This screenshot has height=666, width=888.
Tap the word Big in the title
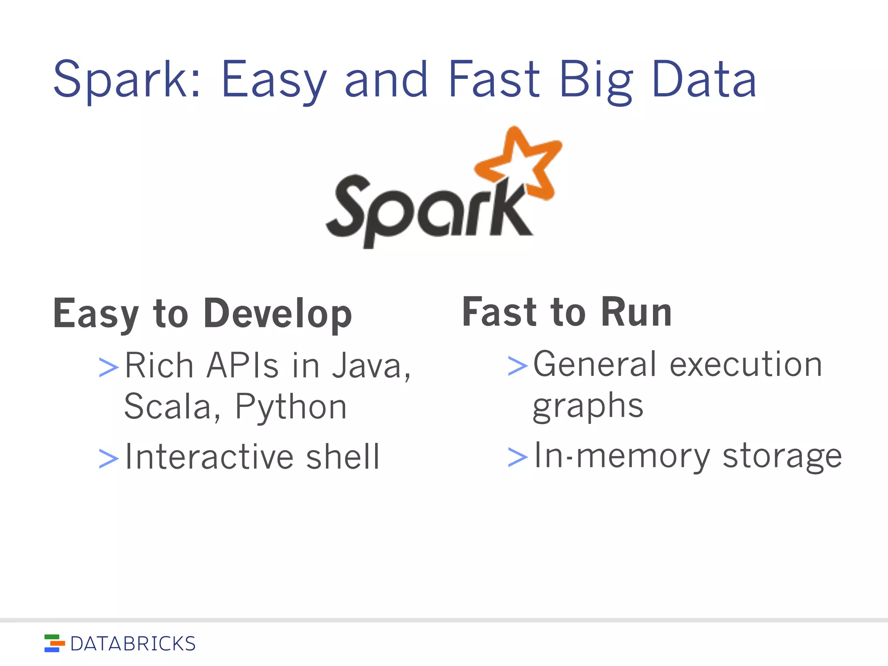pos(596,80)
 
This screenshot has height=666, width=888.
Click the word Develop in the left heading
pos(277,314)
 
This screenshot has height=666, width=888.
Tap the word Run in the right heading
pos(636,312)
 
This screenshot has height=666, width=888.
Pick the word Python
pos(291,407)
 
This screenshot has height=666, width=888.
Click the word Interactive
pos(212,457)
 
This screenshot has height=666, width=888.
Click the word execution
pos(746,364)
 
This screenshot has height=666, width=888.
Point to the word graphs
pos(588,407)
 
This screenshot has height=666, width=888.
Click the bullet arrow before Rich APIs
pos(108,367)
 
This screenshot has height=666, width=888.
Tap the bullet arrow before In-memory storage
pos(518,457)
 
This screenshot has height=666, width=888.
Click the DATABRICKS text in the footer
pos(133,644)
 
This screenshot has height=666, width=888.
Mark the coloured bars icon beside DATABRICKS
pos(54,643)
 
